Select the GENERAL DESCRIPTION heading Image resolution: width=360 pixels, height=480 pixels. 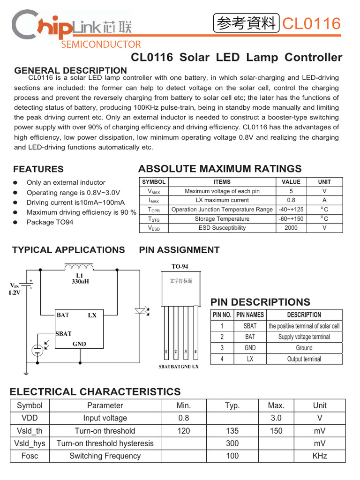[71, 70]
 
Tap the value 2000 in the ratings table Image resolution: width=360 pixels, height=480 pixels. [291, 228]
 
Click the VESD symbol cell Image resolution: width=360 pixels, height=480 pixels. [154, 228]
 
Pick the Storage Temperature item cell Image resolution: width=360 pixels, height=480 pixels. [222, 219]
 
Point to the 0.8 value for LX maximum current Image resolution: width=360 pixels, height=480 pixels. [291, 200]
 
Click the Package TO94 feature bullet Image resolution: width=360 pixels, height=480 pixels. [50, 222]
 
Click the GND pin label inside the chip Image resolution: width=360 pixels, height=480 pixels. [79, 344]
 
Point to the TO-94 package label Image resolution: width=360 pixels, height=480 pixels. [179, 266]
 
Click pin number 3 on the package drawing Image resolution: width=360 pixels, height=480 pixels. [186, 351]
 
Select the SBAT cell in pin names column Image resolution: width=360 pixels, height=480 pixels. [250, 326]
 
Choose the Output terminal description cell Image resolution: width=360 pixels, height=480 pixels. [304, 359]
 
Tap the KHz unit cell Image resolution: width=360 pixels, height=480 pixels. [320, 456]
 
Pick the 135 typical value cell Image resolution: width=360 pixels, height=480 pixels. [232, 431]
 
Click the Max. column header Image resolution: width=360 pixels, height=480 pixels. [276, 405]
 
